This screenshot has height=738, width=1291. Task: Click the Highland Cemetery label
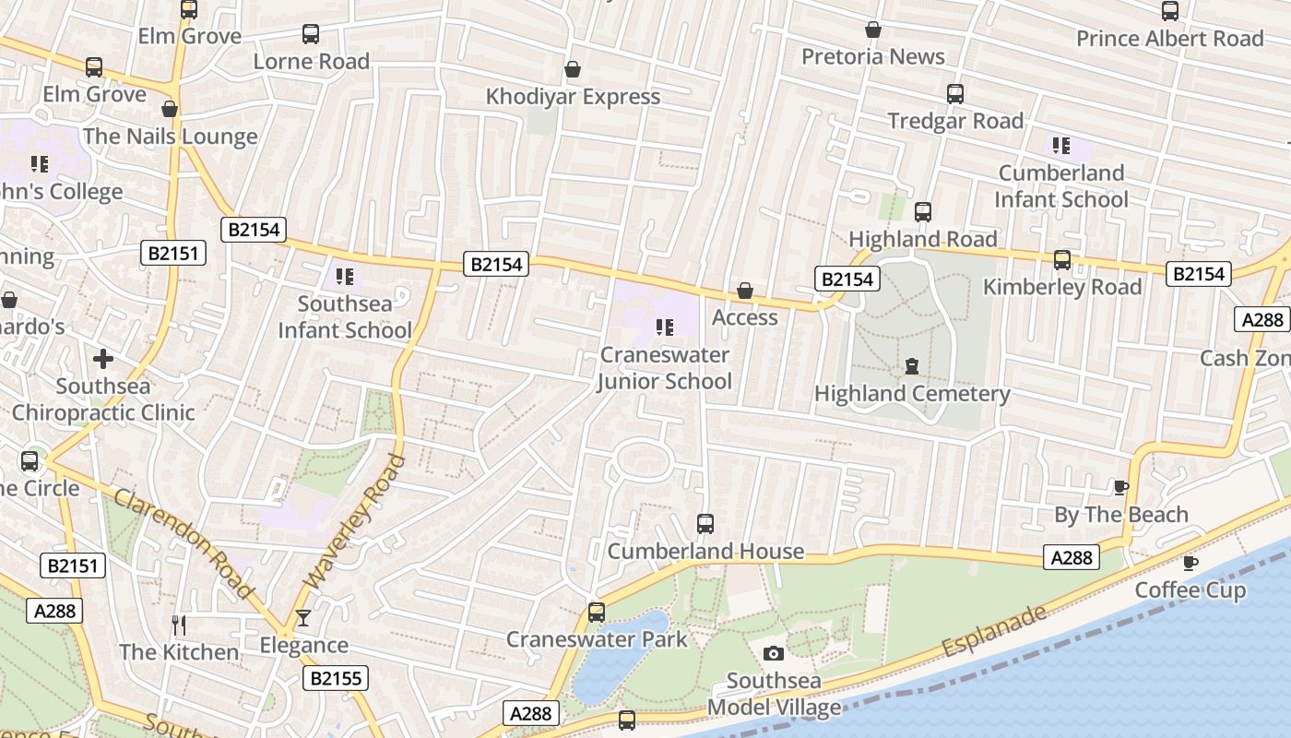click(912, 394)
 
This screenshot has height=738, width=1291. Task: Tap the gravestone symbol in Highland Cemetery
click(912, 366)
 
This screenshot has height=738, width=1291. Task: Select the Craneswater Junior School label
click(664, 368)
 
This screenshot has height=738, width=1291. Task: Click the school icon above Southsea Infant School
click(345, 277)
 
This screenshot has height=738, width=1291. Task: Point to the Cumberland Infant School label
click(1062, 186)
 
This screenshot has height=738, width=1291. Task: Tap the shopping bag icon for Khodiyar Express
click(573, 69)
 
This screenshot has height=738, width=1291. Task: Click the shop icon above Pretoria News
click(873, 30)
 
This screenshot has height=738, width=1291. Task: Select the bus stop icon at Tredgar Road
click(955, 94)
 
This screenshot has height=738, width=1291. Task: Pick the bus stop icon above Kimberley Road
click(1062, 260)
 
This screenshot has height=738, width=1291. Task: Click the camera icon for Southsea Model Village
click(774, 654)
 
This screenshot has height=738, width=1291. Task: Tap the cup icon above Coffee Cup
click(1190, 563)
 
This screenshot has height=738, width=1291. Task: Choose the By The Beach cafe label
click(1121, 515)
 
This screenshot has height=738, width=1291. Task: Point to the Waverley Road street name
click(355, 521)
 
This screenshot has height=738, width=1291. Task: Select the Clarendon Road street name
click(184, 544)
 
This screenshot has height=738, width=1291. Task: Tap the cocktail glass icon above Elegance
click(303, 618)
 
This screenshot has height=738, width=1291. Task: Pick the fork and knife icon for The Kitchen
click(179, 625)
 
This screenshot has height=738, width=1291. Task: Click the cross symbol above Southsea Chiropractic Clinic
click(103, 358)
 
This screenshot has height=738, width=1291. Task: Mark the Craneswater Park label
click(597, 639)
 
